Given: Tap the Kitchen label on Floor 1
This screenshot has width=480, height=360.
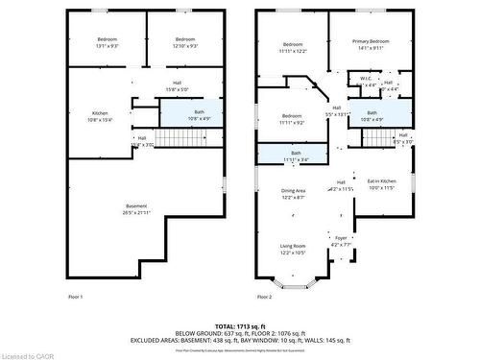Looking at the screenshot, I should (100, 116).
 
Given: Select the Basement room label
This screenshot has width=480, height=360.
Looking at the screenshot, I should (137, 210).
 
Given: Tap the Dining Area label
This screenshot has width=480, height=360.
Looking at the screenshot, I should (293, 193).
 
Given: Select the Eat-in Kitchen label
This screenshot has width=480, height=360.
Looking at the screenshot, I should (381, 183).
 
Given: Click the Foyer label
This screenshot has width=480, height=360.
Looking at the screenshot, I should (341, 240).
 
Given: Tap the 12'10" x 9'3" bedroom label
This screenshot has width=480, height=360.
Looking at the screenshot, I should (186, 43).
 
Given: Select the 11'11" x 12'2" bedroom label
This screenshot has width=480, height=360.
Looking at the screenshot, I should (293, 48).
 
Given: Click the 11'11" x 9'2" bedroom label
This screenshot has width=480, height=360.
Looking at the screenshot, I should (293, 119).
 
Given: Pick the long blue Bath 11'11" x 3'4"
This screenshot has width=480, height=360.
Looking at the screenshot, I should (296, 156).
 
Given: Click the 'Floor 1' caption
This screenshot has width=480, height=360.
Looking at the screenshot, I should (75, 298).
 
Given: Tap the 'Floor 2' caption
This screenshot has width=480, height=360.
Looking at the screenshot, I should (265, 298).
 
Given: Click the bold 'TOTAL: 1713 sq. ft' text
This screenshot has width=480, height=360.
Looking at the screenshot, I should (240, 327).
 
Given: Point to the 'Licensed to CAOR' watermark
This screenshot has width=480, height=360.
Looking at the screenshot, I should (28, 354).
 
